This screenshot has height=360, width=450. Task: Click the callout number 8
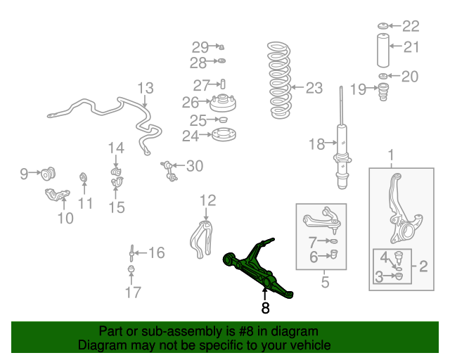pyautogui.click(x=265, y=308)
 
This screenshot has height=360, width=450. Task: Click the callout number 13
pyautogui.click(x=145, y=89)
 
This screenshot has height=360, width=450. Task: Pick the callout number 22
pyautogui.click(x=410, y=26)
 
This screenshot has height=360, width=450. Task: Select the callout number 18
pyautogui.click(x=317, y=145)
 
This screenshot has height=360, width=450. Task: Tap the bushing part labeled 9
pyautogui.click(x=49, y=173)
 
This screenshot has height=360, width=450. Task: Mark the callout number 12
pyautogui.click(x=206, y=200)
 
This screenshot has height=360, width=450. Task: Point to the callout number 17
pyautogui.click(x=132, y=292)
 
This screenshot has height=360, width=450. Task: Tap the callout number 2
pyautogui.click(x=423, y=266)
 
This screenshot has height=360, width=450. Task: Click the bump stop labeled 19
pyautogui.click(x=384, y=91)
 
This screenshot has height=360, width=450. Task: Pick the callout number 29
pyautogui.click(x=200, y=47)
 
